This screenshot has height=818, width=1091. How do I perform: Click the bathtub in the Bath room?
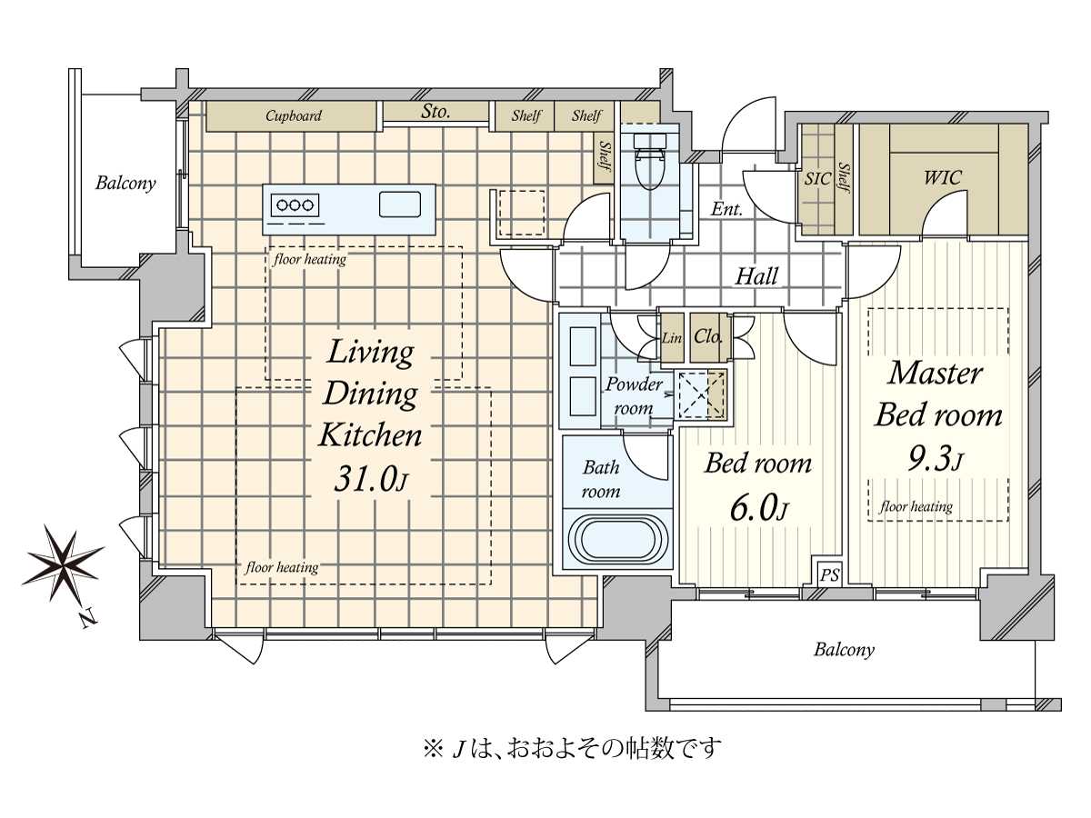pyautogui.click(x=616, y=539)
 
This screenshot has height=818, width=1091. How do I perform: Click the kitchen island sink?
pyautogui.click(x=399, y=205)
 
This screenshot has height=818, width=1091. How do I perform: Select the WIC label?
pyautogui.click(x=942, y=177)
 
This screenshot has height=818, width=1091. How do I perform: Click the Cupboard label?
pyautogui.click(x=293, y=116)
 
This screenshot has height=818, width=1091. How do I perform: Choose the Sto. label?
pyautogui.click(x=436, y=113)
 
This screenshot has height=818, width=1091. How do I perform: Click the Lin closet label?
pyautogui.click(x=672, y=337)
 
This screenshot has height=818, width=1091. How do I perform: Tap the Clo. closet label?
pyautogui.click(x=707, y=336)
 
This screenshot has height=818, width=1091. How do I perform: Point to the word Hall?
pyautogui.click(x=756, y=276)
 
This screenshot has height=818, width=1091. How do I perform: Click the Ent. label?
pyautogui.click(x=726, y=210)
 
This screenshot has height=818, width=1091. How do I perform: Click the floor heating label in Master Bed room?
pyautogui.click(x=916, y=507)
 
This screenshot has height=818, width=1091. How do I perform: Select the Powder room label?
pyautogui.click(x=634, y=396)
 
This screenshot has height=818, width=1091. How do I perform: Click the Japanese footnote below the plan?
pyautogui.click(x=572, y=748)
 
